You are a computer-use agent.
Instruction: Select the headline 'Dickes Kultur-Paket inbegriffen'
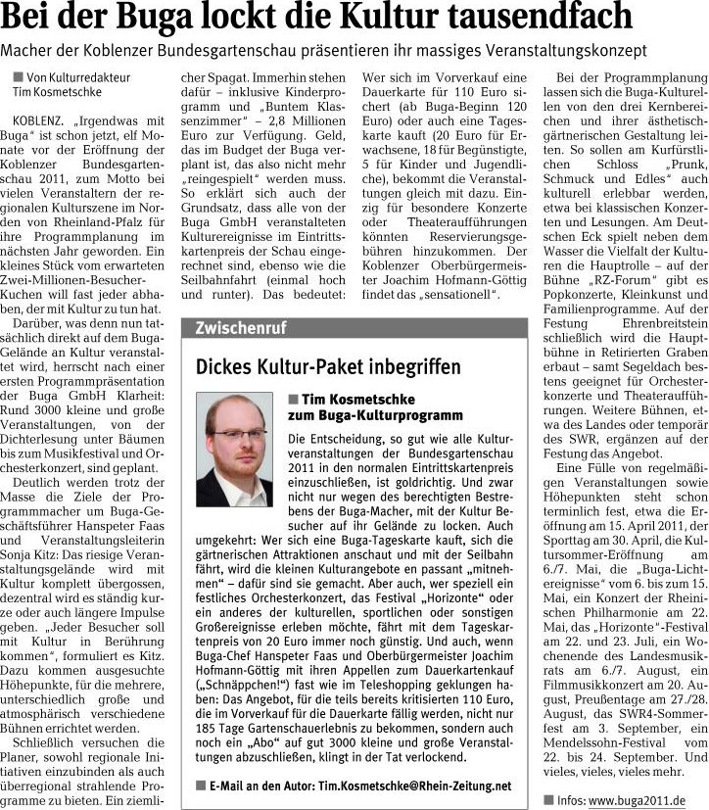click(x=328, y=367)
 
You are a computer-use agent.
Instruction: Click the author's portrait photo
click(x=235, y=450)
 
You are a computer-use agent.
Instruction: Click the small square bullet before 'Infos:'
click(x=549, y=799)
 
